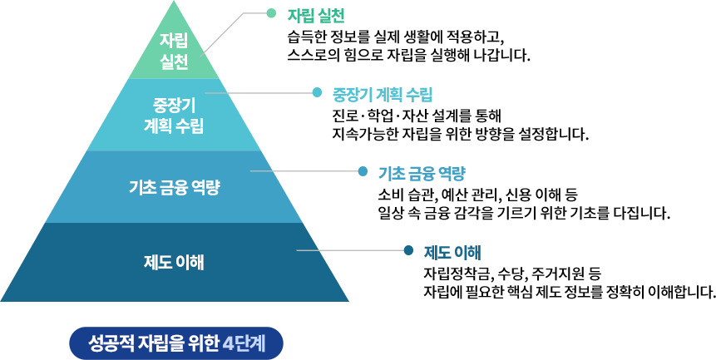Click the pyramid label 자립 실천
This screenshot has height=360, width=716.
point(174,50)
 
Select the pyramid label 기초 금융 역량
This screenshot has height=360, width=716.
point(174,186)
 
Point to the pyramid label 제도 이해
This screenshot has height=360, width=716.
point(174,262)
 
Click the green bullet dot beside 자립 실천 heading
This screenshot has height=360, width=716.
point(270,13)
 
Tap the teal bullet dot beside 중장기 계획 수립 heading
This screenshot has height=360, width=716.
point(317,92)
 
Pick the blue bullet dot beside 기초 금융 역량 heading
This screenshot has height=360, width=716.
point(363,171)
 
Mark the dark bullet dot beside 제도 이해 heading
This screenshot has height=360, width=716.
point(407,249)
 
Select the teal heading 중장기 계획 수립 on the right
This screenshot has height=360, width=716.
point(383,93)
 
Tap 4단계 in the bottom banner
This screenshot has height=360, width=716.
point(244,343)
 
